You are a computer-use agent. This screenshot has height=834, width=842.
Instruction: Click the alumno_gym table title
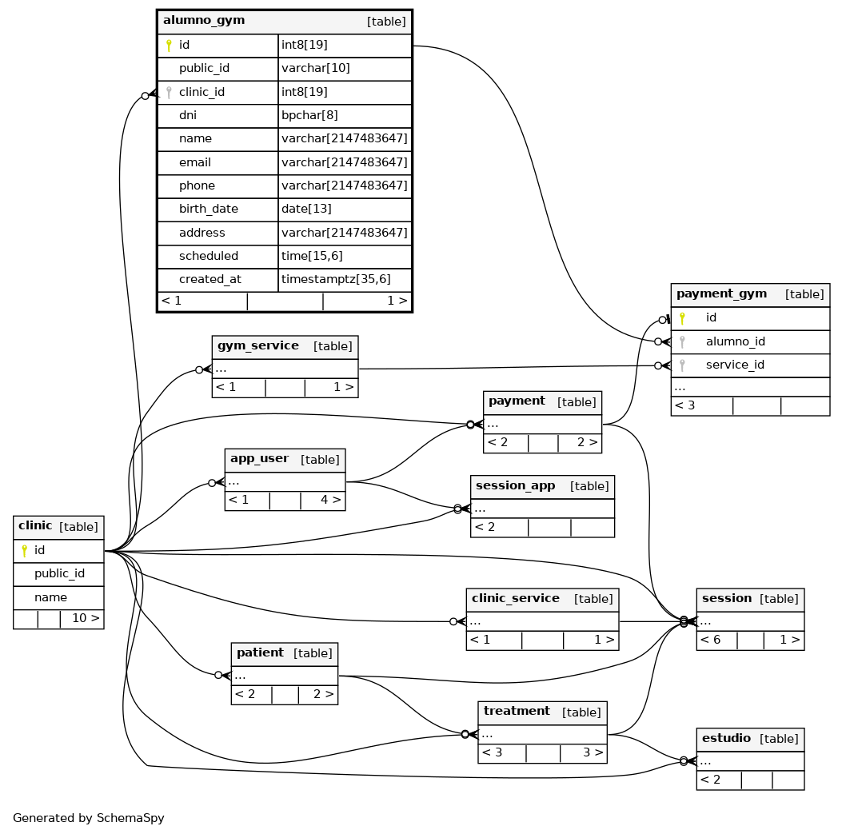point(204,21)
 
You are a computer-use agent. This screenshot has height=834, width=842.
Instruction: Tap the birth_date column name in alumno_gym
point(209,209)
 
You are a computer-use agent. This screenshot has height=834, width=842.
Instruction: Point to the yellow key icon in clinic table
point(24,550)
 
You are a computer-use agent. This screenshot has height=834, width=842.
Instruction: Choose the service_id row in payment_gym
point(750,365)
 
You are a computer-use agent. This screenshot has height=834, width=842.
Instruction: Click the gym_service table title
point(257,346)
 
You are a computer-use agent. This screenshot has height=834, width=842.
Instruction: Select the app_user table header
point(285,461)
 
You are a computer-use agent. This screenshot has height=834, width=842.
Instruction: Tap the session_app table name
point(515,486)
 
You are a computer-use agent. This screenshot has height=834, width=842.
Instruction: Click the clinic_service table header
point(542,600)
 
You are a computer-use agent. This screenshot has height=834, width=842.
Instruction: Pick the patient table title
point(260,653)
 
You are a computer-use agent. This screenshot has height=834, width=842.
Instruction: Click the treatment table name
point(517,712)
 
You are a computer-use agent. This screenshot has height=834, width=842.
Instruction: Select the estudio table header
point(750,740)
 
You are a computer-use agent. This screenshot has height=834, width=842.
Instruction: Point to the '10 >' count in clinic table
point(86,618)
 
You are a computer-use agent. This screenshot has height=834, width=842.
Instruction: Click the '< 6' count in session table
point(710,640)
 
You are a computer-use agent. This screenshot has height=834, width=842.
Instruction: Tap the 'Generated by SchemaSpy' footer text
point(89,818)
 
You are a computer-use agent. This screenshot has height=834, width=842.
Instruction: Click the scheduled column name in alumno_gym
point(209,256)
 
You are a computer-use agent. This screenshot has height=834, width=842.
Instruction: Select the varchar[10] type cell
point(316,68)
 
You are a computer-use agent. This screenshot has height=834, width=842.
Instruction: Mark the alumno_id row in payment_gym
point(750,341)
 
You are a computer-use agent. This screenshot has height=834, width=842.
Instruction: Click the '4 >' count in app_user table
point(331,500)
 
